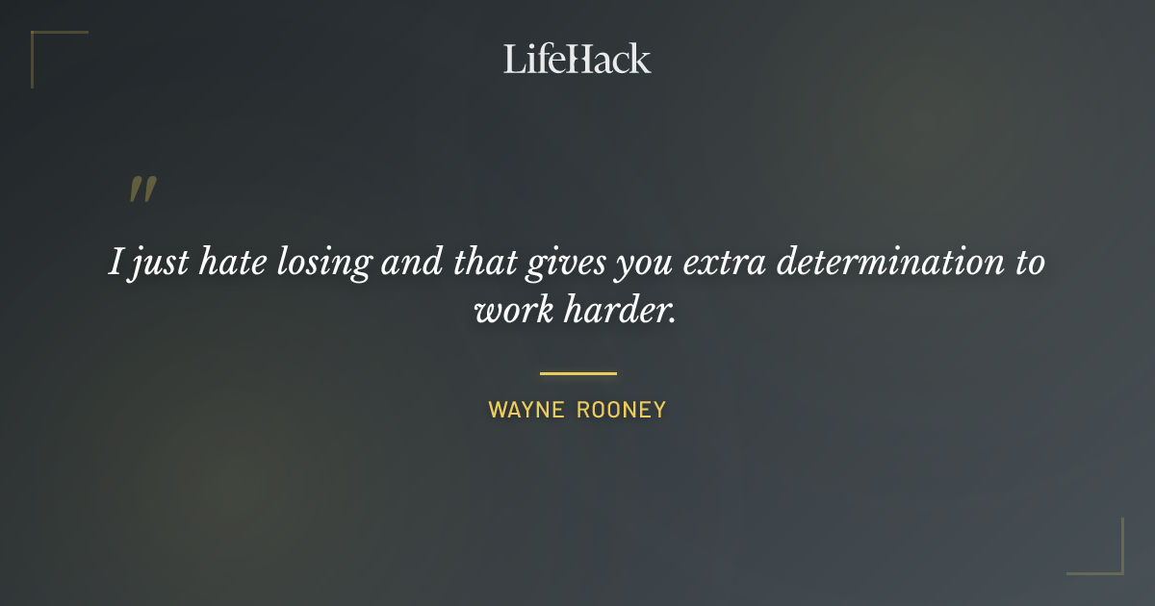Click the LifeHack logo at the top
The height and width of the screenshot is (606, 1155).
pos(577,59)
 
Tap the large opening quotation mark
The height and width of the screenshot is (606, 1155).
pos(142,189)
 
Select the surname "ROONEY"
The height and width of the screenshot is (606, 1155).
pos(622,410)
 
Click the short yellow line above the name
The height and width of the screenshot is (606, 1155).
pos(577,373)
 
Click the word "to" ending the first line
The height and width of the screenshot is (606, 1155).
pos(1027,263)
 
